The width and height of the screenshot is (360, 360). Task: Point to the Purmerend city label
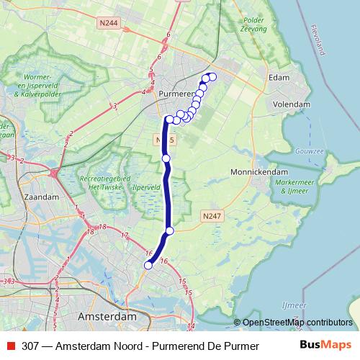[x=176, y=94]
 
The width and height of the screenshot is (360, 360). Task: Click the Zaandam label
[x=41, y=196]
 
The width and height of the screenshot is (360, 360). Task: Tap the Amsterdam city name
[x=106, y=317]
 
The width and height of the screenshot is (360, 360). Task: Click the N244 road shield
[x=109, y=23]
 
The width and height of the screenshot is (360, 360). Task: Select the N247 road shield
[x=210, y=215]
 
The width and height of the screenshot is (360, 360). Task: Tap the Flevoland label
[x=318, y=43]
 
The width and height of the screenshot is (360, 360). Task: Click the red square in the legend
[x=9, y=346]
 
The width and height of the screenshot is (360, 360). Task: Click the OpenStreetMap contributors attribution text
[x=297, y=323]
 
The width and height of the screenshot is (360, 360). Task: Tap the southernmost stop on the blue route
[x=148, y=266]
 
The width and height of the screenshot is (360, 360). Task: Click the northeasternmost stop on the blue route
[x=212, y=76]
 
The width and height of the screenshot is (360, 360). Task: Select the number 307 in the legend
[x=31, y=346]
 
